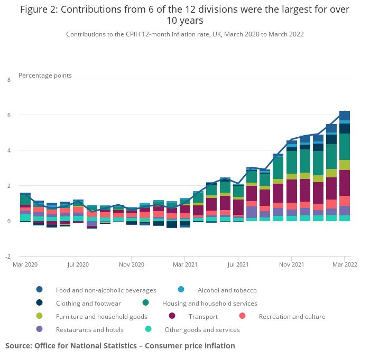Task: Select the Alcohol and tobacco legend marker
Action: pos(181,289)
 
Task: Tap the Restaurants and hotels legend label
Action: pos(90,329)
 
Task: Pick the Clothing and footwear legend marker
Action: pos(40,302)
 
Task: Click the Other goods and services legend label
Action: pos(202,329)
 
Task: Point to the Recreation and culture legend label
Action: pos(292,316)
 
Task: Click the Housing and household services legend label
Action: pos(210,303)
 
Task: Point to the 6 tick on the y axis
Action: pos(9,115)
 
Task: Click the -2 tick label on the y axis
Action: pos(8,257)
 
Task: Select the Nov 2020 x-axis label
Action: pos(132,264)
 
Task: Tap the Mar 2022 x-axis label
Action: pos(345,264)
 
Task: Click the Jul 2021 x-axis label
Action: pos(238,264)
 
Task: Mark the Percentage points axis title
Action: pos(45,75)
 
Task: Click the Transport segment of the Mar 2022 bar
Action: pos(345,183)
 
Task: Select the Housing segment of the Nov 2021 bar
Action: pos(292,163)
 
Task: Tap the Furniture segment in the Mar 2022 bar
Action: pos(345,165)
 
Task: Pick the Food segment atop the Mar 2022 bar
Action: pos(345,116)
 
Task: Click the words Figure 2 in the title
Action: pos(39,10)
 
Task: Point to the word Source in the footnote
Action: pos(18,346)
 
